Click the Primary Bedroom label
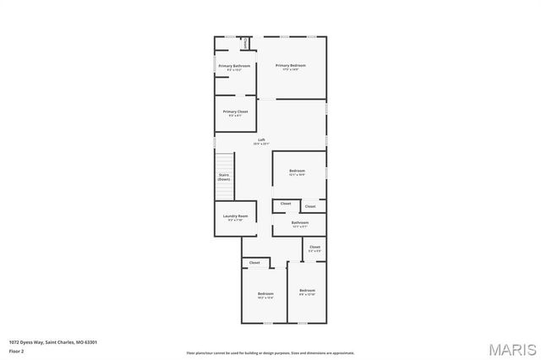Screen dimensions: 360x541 (x=291, y=65)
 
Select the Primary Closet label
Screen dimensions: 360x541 (x=235, y=112)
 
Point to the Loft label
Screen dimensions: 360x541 (x=261, y=139)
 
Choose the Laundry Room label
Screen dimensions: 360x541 (x=235, y=216)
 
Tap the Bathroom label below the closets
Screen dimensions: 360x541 (x=300, y=222)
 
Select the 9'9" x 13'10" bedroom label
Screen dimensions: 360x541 (x=307, y=292)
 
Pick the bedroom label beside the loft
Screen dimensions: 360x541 (x=297, y=171)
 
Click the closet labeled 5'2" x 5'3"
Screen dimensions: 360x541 (x=314, y=248)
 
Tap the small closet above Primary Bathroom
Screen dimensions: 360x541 (x=246, y=41)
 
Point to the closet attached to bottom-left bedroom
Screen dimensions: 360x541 (x=254, y=263)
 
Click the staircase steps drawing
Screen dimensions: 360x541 (x=224, y=163)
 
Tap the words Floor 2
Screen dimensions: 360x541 (x=17, y=350)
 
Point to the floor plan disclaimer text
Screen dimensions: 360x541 (x=270, y=352)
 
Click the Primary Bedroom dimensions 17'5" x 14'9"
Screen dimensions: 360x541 (x=291, y=69)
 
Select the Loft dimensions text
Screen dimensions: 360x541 (x=261, y=145)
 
